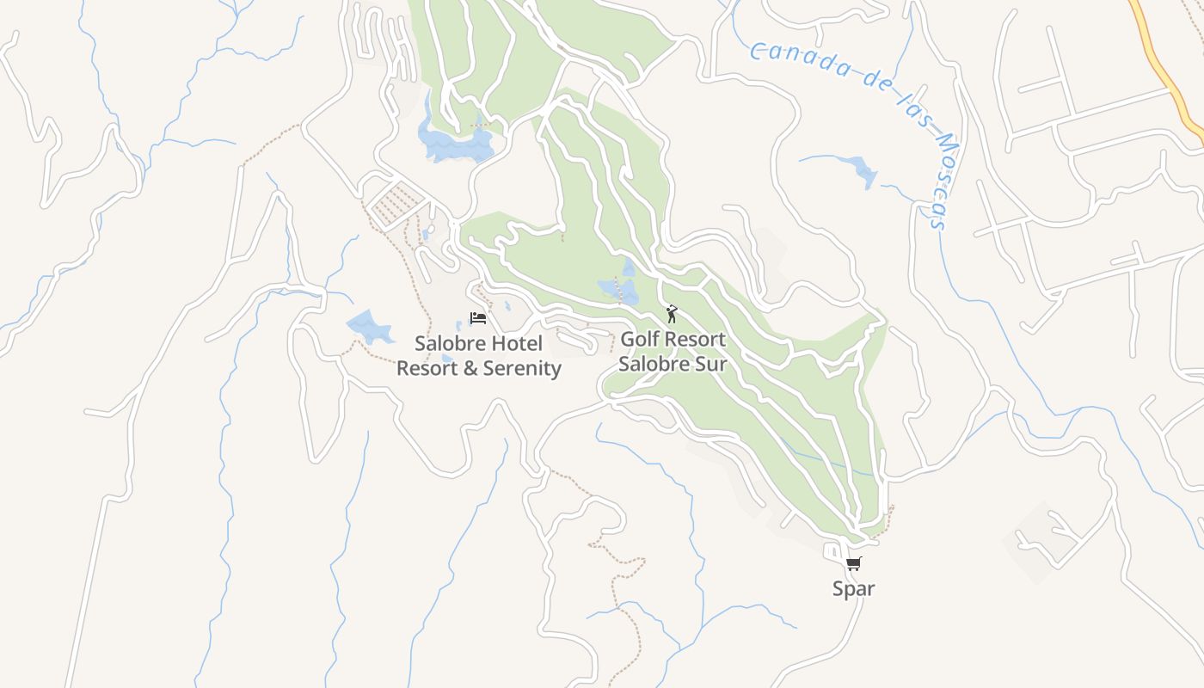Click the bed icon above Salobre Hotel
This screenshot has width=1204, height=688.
478,318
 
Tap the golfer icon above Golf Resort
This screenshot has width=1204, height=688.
672,314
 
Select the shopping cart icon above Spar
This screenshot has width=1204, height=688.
853,564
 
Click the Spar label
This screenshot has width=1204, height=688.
853,589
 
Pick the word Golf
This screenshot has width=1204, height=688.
639,339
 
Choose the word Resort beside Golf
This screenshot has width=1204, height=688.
695,339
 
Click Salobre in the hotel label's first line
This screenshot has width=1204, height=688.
446,344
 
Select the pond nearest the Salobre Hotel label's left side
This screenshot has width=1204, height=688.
368,327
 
